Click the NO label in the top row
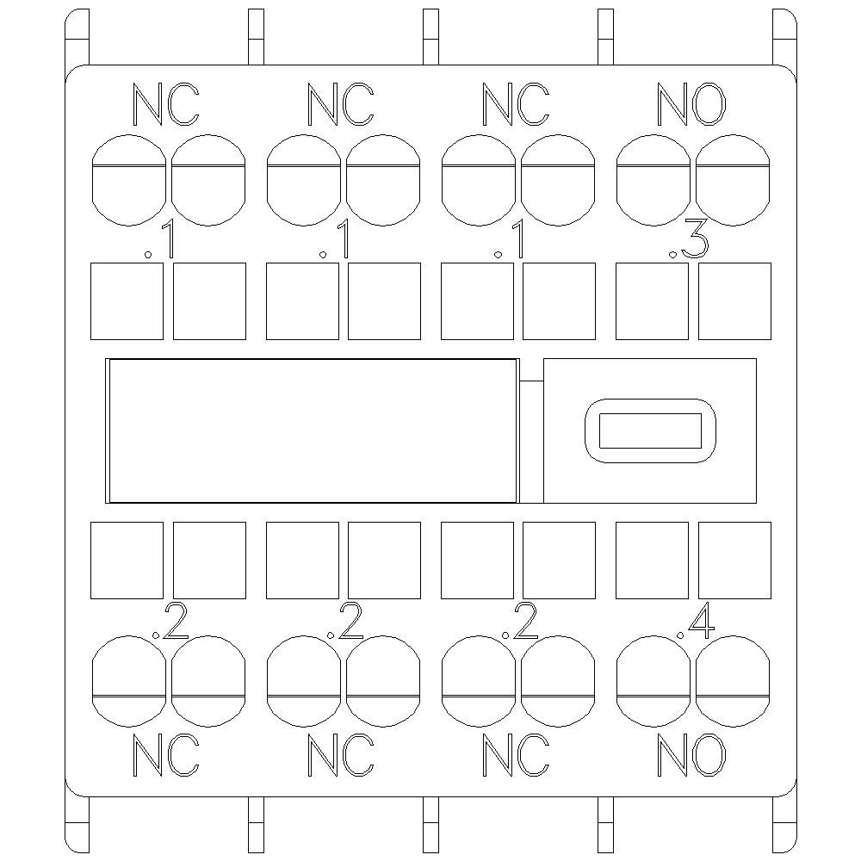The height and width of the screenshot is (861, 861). point(691,104)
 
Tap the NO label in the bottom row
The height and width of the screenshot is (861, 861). point(691,755)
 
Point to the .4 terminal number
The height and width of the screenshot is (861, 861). point(695,620)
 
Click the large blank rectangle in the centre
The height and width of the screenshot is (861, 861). point(313,430)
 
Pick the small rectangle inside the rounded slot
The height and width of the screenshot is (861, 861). point(650,430)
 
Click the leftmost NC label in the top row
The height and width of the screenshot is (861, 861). point(166,104)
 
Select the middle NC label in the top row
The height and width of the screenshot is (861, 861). point(340,104)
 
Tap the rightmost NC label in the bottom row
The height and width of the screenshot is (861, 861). point(516,755)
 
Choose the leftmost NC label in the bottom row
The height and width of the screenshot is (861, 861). point(166,755)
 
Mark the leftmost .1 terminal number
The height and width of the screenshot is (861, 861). point(160,239)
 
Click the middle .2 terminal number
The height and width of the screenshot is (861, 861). point(344,620)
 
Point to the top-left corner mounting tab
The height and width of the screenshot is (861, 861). point(77,37)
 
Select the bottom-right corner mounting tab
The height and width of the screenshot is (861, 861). point(784,824)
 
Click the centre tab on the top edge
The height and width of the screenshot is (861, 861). point(431,37)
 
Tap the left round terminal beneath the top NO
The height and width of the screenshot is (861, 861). point(653,180)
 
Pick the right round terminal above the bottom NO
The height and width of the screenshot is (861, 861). point(733,681)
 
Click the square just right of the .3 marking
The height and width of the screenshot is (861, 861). point(734,300)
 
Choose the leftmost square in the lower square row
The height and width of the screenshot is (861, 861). point(127,561)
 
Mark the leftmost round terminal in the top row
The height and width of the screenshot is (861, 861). point(128,180)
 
